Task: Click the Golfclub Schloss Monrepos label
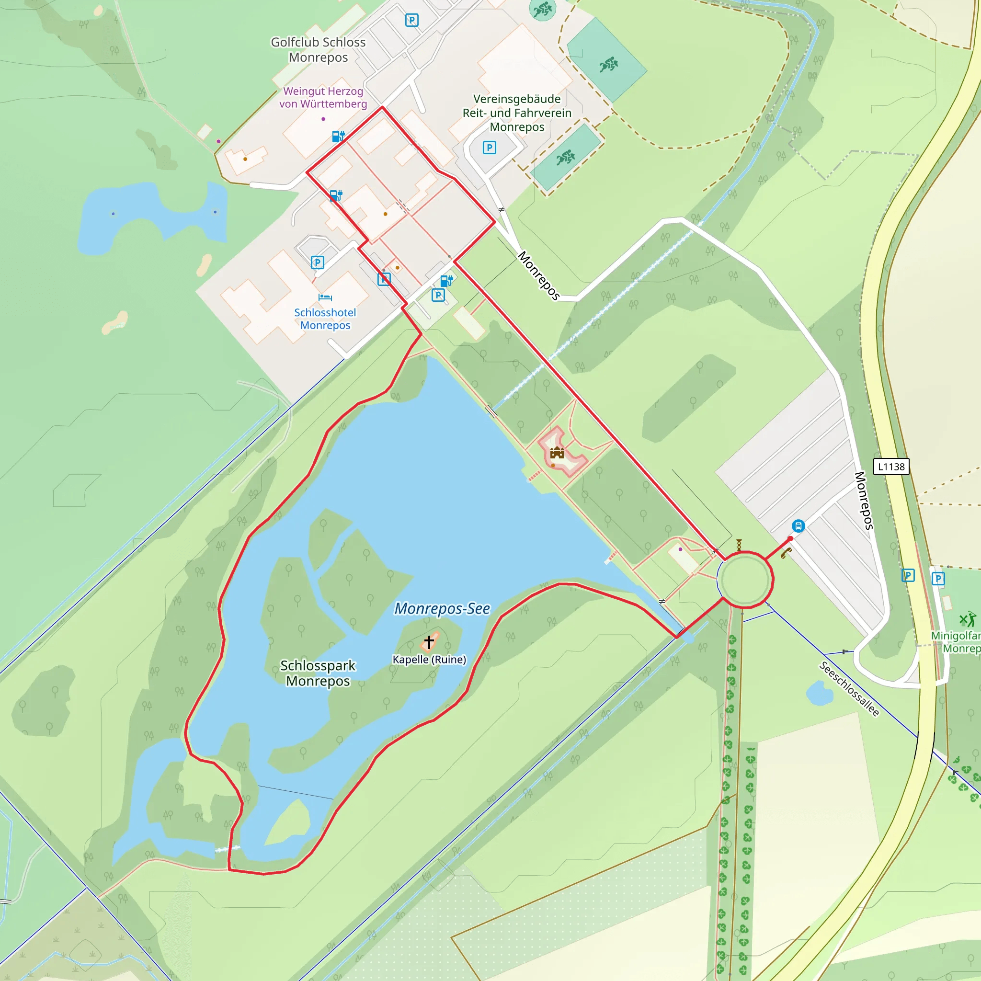tap(318, 50)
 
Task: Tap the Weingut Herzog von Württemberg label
tap(323, 98)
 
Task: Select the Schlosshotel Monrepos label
tap(325, 319)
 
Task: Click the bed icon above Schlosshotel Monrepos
tap(325, 297)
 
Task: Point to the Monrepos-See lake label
tap(442, 608)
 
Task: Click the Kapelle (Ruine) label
tap(429, 660)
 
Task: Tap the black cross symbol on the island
tap(429, 642)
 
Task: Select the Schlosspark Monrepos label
tap(318, 673)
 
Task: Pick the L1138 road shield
tap(891, 467)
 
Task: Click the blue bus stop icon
tap(798, 526)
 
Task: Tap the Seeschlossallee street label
tap(849, 688)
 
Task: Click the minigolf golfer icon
tap(967, 619)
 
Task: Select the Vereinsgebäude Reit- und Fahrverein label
tap(517, 113)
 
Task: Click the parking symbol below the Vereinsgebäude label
tap(489, 148)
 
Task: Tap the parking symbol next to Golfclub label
tap(412, 20)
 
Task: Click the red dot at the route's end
tap(790, 539)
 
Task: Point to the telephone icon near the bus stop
tap(786, 553)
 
